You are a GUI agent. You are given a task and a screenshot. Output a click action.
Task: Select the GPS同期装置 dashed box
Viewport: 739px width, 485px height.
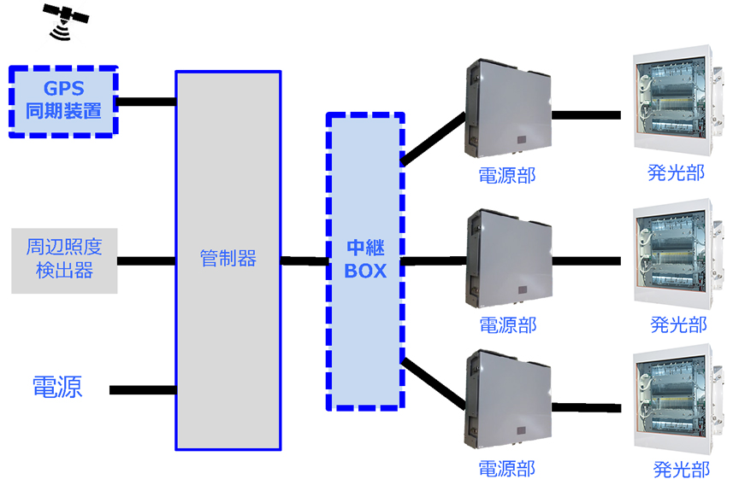63,100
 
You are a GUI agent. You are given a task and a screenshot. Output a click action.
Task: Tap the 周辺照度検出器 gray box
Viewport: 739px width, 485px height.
64,260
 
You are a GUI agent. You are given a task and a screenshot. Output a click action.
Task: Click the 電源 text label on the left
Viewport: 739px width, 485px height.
57,387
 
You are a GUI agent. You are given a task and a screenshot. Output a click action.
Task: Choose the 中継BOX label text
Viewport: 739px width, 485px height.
365,260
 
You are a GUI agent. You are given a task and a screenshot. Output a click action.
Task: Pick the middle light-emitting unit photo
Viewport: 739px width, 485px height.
672,255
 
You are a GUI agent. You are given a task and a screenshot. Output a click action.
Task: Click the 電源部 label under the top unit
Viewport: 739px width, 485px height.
507,176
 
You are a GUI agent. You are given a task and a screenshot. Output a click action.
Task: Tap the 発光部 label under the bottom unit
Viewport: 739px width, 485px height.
681,469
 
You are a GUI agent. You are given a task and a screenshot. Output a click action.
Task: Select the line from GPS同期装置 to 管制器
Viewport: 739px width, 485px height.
146,102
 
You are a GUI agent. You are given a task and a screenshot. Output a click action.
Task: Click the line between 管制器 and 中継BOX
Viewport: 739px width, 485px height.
304,260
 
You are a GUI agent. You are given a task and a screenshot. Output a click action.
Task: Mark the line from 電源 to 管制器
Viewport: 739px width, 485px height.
143,390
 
